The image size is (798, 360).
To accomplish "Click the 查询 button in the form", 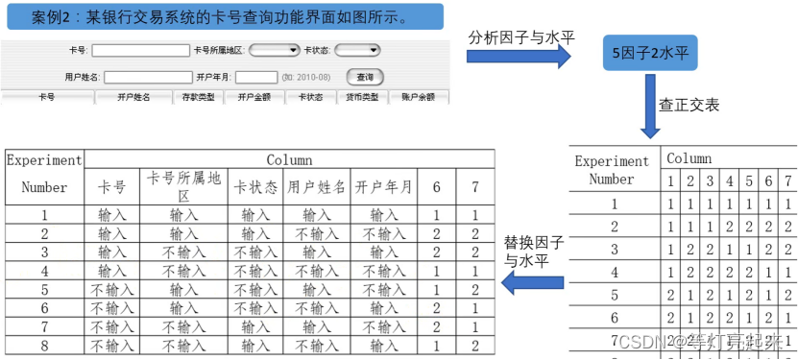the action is click(365, 76).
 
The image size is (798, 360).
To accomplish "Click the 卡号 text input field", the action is click(141, 50).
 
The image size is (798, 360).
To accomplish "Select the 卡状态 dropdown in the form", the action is click(357, 50).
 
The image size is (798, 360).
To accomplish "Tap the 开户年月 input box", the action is click(256, 76).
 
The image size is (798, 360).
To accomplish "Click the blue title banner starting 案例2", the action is click(224, 16).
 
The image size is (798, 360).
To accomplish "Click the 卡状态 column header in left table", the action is click(255, 187).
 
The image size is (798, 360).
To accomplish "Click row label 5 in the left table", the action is click(44, 289).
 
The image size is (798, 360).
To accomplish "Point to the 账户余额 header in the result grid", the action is click(418, 97).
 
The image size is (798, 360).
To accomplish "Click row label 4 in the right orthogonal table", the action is click(615, 273).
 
